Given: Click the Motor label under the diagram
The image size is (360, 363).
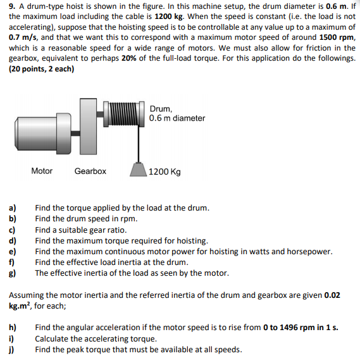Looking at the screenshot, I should [x=42, y=171].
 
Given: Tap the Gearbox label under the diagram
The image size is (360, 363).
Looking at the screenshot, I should [x=90, y=171].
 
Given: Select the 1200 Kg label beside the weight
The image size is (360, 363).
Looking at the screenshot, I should [x=164, y=172].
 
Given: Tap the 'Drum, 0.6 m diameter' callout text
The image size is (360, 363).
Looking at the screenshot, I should [x=177, y=113].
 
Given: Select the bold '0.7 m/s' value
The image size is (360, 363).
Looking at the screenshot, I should [x=23, y=38].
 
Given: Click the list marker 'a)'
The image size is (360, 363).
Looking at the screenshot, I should [x=13, y=208].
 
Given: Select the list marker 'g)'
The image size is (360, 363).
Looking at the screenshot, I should [x=13, y=273].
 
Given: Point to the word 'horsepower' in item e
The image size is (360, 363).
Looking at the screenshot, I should [x=309, y=251].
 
